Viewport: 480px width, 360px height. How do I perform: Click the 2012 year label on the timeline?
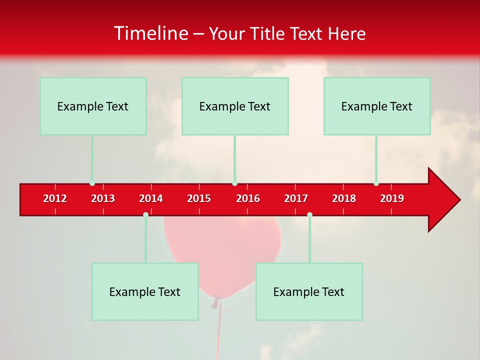tap(55, 198)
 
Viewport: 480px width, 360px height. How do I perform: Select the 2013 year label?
tap(103, 198)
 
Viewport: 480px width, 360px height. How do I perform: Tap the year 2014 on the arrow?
tap(151, 198)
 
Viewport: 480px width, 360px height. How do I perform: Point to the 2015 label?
tap(199, 198)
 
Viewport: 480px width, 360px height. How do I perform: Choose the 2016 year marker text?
tap(248, 198)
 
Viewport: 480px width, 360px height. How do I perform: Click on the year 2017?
tap(296, 198)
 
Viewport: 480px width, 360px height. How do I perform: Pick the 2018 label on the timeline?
tap(344, 198)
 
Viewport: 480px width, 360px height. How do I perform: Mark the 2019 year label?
tap(392, 198)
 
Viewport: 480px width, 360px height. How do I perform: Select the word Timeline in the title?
tap(150, 33)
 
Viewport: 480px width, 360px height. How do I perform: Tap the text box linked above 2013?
tap(93, 106)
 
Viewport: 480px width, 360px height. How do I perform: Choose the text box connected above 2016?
tap(235, 106)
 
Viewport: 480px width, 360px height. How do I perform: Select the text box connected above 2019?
tap(377, 106)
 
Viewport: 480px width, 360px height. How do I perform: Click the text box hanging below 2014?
tap(145, 291)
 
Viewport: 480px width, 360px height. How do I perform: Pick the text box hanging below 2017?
tap(309, 291)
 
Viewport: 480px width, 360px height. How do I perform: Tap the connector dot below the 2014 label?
tap(145, 214)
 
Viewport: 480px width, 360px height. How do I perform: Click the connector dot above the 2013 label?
tap(92, 183)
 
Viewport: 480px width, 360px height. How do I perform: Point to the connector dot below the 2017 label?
tap(309, 214)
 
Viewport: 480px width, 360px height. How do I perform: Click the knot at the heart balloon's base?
tap(217, 300)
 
